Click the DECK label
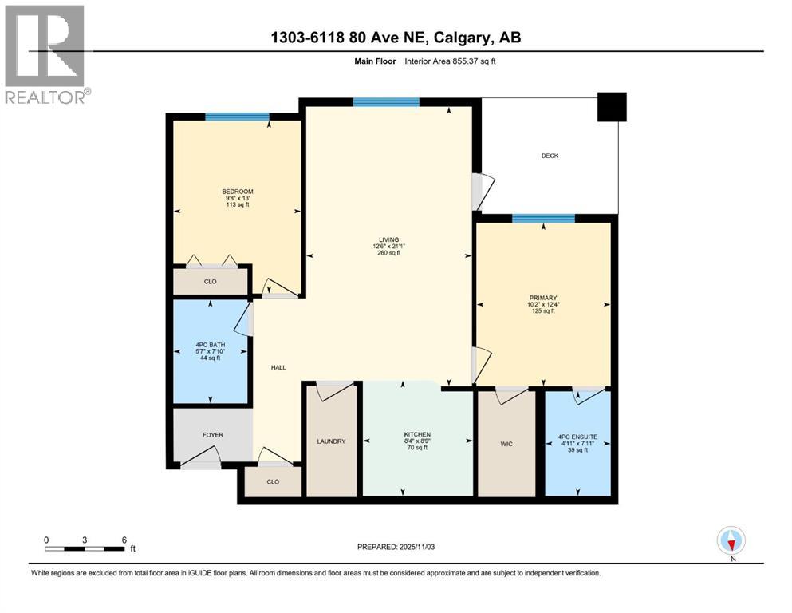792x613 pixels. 550,156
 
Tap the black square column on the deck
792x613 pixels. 612,107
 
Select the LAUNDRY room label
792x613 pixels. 331,441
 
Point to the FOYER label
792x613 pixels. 212,435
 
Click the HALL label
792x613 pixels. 278,367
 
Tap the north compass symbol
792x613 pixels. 731,541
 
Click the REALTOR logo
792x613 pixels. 47,55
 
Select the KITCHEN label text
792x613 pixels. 416,434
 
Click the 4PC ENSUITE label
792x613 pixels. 577,437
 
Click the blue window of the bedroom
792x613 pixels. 237,117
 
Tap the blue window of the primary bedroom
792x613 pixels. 543,219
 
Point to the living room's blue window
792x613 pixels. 386,101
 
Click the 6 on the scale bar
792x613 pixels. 124,539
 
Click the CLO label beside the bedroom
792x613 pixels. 211,281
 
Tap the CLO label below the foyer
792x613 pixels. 274,482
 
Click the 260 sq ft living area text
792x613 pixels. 388,252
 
